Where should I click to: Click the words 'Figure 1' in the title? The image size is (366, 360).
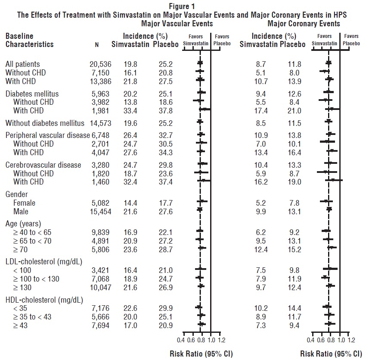tap(182, 6)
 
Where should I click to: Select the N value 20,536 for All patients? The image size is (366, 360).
tap(101, 64)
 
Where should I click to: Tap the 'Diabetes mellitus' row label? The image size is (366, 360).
tap(32, 94)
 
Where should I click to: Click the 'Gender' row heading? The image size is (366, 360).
tap(17, 194)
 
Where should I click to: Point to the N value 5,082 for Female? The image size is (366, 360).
tap(101, 203)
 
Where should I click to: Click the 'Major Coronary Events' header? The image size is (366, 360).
tap(303, 23)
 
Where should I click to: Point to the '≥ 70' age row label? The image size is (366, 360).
tap(22, 249)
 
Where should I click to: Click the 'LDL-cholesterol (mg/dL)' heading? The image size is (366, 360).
tap(43, 261)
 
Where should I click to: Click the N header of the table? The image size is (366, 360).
tap(97, 44)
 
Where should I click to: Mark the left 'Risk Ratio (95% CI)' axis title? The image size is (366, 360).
tap(201, 354)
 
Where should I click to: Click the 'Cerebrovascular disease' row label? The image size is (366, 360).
tap(43, 165)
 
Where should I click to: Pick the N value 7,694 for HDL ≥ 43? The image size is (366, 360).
tap(101, 326)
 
